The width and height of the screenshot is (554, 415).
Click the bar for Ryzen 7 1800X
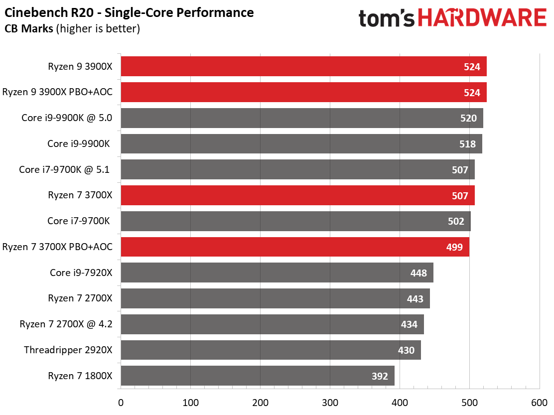pyautogui.click(x=257, y=376)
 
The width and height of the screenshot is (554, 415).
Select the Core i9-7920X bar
pyautogui.click(x=277, y=273)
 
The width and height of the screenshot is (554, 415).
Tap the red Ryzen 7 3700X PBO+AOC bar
pyautogui.click(x=294, y=247)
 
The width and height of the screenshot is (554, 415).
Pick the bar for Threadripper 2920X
pyautogui.click(x=271, y=350)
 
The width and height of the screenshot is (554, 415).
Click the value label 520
pyautogui.click(x=468, y=118)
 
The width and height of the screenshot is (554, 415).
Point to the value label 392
pyautogui.click(x=380, y=376)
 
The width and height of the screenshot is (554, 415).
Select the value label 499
pyautogui.click(x=454, y=247)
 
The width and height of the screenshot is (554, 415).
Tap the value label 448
pyautogui.click(x=418, y=273)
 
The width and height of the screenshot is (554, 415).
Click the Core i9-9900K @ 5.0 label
pyautogui.click(x=67, y=118)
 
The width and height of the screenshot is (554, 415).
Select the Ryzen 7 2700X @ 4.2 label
pyautogui.click(x=66, y=324)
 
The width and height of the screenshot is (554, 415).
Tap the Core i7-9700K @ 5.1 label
pyautogui.click(x=64, y=169)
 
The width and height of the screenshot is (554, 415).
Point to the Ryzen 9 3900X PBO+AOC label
pyautogui.click(x=57, y=92)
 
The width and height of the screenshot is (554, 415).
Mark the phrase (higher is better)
pyautogui.click(x=98, y=28)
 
